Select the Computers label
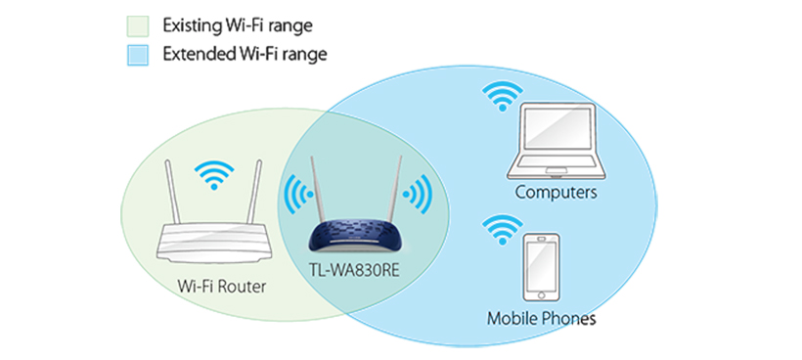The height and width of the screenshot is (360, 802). [556, 193]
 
